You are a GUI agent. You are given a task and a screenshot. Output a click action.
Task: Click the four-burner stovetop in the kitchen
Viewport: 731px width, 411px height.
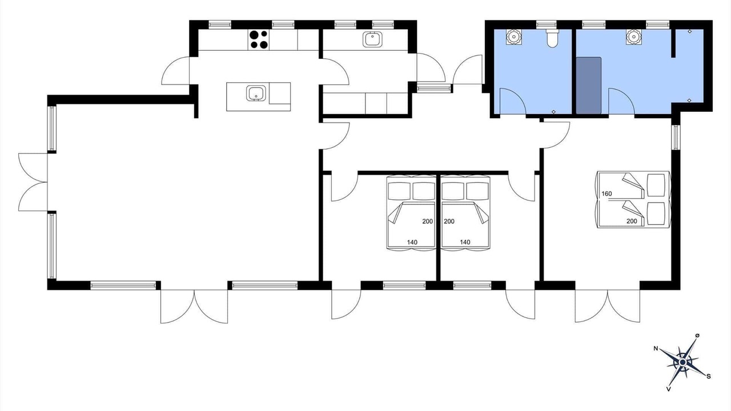[x=259, y=40]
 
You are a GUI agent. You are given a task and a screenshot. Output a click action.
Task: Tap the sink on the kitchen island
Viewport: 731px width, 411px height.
[x=256, y=93]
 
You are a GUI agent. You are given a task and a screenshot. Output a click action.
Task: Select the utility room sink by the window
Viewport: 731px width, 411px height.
[x=372, y=39]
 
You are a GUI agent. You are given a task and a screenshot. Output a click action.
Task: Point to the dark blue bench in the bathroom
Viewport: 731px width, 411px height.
[x=588, y=86]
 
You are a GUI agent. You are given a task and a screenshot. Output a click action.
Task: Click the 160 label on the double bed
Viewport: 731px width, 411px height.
[x=607, y=194]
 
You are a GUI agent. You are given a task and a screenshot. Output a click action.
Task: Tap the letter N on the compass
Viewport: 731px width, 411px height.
[x=655, y=349]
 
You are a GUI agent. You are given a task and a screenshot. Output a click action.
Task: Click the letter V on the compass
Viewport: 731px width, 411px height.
[x=668, y=389]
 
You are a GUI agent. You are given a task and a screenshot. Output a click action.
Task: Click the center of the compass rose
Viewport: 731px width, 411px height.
[x=682, y=362]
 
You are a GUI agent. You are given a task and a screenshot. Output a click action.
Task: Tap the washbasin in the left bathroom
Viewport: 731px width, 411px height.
[x=513, y=37]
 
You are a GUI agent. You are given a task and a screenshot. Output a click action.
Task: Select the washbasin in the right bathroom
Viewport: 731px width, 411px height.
[x=633, y=37]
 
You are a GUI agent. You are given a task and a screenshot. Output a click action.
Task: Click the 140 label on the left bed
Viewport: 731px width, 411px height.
[x=412, y=243]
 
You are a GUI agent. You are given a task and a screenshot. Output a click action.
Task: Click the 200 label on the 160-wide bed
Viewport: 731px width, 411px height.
[x=632, y=221]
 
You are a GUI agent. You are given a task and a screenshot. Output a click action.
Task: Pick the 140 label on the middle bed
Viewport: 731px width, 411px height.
[x=465, y=243]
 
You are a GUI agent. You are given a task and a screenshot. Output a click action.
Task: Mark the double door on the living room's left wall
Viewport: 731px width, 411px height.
[x=33, y=182]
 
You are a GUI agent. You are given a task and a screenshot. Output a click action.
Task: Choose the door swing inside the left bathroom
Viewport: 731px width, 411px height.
[x=513, y=101]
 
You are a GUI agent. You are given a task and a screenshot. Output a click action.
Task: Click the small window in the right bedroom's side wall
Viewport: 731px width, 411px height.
[x=676, y=138]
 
